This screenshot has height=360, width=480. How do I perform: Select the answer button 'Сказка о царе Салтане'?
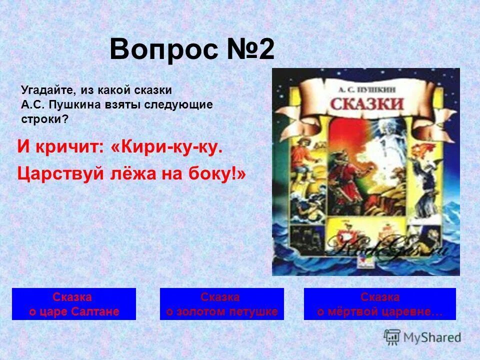click(73, 304)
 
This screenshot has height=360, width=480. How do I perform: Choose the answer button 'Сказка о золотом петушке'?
click(221, 304)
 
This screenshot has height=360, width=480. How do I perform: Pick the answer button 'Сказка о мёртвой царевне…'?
click(379, 304)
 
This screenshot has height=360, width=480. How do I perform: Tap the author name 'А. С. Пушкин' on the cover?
click(366, 87)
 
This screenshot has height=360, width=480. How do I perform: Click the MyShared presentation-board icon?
click(391, 336)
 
